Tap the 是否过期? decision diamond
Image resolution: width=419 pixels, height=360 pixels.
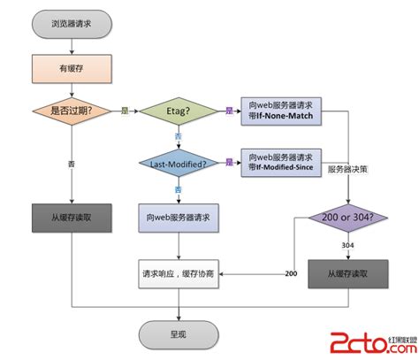pos(72,111)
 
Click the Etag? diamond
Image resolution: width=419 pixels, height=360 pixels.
pos(179,111)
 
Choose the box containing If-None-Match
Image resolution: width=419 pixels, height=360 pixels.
pos(281,111)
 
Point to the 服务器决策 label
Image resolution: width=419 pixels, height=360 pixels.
pos(347,169)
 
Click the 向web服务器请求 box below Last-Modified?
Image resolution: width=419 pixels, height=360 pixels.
pos(179,217)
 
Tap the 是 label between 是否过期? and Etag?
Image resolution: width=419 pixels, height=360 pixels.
pos(125,111)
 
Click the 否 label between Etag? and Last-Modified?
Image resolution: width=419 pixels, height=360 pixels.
pos(178,136)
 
